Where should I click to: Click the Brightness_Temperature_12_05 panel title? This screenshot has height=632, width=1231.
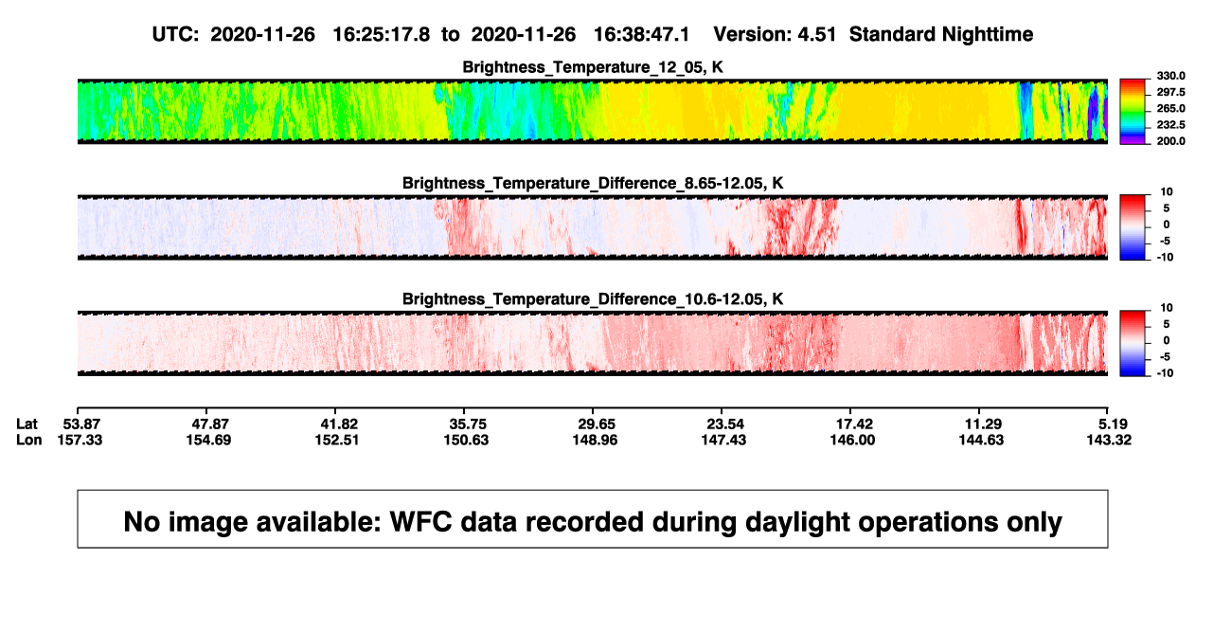pos(593,67)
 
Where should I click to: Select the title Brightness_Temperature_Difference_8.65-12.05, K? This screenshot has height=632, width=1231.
pos(593,183)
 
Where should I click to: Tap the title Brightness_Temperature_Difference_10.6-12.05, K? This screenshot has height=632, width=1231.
pos(593,299)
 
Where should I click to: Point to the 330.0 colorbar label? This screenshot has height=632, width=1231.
pos(1170,76)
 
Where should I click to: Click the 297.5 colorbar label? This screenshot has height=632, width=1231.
pos(1170,92)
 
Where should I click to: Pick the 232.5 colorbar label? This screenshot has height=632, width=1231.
pos(1170,125)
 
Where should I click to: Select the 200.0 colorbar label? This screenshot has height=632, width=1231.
pos(1170,141)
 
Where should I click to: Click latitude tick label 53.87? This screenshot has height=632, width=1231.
pos(81,424)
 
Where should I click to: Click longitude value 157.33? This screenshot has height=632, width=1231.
pos(80,440)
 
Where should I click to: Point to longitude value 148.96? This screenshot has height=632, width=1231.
pos(595,440)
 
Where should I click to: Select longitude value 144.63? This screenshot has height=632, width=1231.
pos(981,440)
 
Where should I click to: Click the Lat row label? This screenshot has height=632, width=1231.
pos(27,424)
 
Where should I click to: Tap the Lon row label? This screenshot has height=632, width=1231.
pos(28,440)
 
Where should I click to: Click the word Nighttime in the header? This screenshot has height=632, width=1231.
pos(987,35)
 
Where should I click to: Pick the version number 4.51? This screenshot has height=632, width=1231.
pos(817,35)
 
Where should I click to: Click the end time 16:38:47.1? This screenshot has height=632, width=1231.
pos(641,35)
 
